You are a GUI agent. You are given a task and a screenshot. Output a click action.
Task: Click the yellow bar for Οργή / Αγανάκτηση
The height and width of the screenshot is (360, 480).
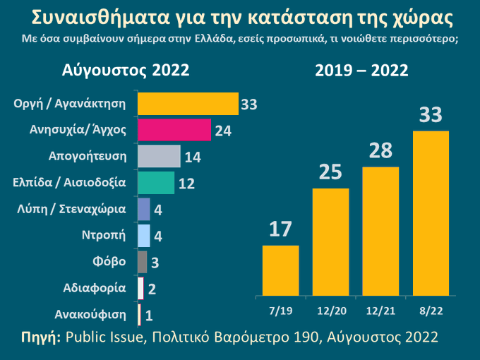tap(188, 104)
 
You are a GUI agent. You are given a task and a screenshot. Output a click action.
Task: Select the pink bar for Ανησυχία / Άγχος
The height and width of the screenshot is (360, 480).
tap(174, 130)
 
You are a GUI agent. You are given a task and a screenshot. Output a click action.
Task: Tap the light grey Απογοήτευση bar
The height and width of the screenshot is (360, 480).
tap(159, 156)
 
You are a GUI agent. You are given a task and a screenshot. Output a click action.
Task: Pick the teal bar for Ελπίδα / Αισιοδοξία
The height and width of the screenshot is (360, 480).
tap(155, 182)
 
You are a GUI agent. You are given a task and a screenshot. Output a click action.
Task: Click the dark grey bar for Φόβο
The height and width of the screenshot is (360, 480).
tap(143, 262)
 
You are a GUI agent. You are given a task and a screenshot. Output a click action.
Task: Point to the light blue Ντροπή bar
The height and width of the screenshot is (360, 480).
tap(144, 235)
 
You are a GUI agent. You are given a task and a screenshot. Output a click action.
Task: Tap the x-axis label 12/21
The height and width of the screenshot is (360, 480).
tap(380, 311)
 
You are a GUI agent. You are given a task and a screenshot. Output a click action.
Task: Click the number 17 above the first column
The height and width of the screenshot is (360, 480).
tap(281, 229)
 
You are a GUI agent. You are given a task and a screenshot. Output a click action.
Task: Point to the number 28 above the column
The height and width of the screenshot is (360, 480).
tap(380, 150)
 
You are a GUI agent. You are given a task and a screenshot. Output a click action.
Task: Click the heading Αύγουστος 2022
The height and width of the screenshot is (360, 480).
tap(126, 71)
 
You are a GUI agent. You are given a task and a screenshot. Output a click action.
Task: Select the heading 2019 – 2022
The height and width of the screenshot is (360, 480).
tap(361, 71)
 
